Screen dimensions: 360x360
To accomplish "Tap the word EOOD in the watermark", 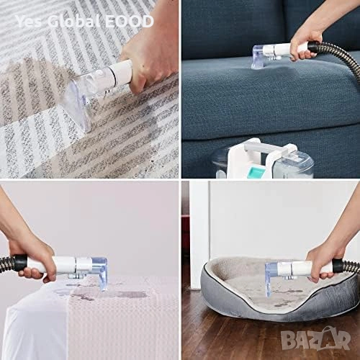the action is [129, 22].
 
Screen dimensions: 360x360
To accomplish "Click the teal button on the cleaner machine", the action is [256, 171].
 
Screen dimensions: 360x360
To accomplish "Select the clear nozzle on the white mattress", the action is [100, 272].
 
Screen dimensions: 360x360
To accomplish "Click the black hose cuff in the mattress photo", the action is [20, 264].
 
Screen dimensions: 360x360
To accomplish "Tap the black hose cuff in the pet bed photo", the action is [338, 266].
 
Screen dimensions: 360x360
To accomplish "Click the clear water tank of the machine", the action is [296, 166].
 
